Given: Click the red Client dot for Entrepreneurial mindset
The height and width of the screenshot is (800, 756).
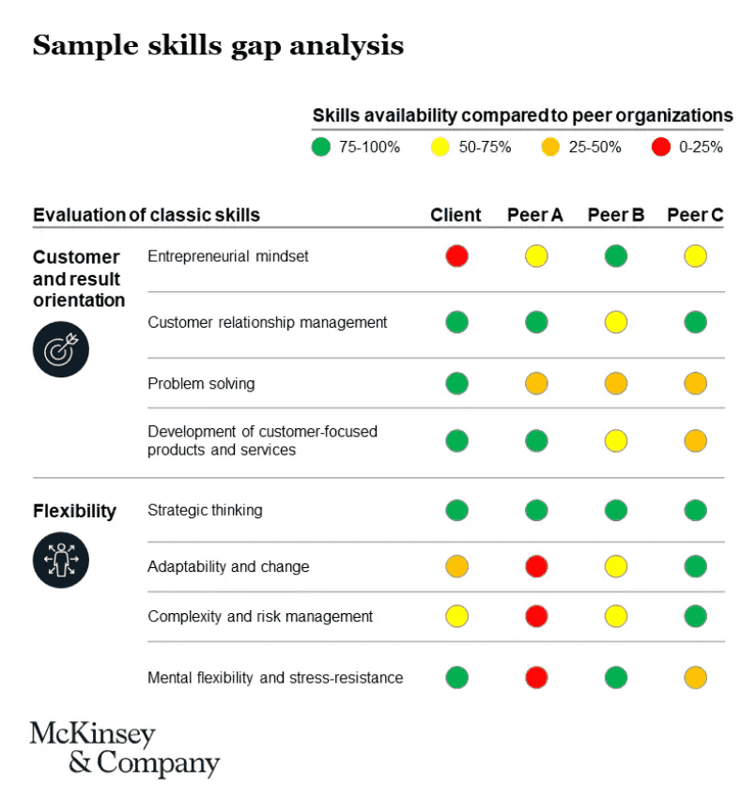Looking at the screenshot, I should coord(456,256).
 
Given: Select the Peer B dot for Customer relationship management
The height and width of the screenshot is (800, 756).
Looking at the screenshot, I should coord(616,322).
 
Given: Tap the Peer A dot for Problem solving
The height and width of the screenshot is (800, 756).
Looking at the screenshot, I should coord(536,383).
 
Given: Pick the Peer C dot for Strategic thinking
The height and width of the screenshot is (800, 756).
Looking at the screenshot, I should coord(695,510).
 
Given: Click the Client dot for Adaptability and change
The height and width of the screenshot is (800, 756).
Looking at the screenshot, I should coord(456,566).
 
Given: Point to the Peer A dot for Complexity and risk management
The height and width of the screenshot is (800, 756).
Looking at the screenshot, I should coord(536,616).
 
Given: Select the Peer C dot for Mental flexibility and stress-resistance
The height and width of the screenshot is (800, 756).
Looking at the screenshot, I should coord(695,677).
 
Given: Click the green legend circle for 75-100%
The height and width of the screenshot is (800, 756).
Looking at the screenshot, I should coord(321,146).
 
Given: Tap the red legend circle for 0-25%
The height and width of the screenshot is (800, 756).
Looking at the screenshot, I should coord(661,146).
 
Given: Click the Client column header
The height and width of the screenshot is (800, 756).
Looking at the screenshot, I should coord(455,215).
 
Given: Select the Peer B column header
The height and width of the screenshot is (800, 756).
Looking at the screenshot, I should coord(615,215).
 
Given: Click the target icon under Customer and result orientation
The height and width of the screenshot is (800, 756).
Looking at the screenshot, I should coord(61,348).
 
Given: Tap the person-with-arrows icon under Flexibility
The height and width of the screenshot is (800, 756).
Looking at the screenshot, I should coord(61,560).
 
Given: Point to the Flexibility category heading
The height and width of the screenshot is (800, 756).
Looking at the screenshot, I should coord(74,511).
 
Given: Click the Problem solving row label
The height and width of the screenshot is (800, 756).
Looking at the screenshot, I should coord(201,383).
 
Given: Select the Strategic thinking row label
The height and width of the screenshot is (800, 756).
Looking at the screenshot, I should coord(205,510).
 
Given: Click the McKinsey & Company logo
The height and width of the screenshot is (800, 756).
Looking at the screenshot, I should coord(124,748).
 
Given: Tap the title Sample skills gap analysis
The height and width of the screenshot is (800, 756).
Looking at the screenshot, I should coord(218,45).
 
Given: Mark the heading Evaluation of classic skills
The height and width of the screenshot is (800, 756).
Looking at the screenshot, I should coord(147,215).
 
